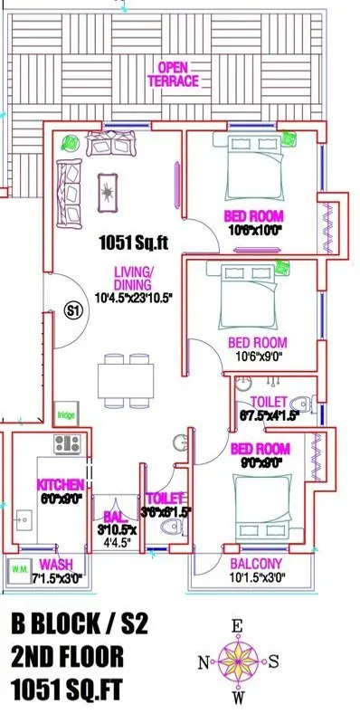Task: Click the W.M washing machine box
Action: (x=18, y=570)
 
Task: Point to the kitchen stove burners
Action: (x=68, y=443)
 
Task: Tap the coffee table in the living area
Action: (x=109, y=188)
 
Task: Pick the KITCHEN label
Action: (x=60, y=485)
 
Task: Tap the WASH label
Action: (x=56, y=565)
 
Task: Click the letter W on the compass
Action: (x=240, y=698)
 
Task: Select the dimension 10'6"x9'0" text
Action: (x=258, y=357)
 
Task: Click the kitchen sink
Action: (x=24, y=522)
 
